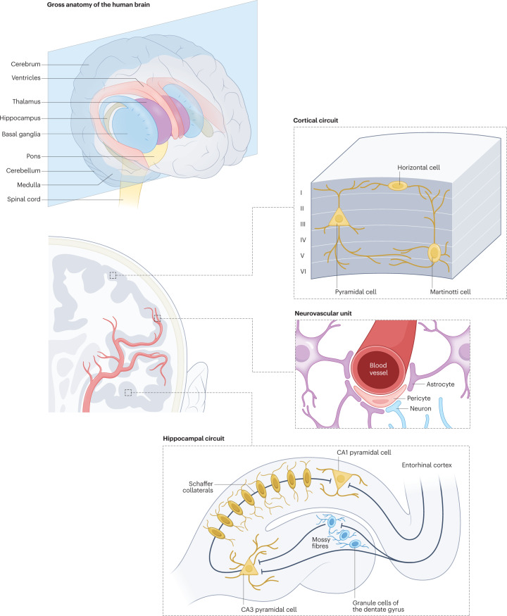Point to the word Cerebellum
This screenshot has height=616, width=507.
[x=28, y=170]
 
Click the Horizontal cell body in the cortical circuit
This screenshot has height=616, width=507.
[x=398, y=185]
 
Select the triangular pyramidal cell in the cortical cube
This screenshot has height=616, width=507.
[x=340, y=218]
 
